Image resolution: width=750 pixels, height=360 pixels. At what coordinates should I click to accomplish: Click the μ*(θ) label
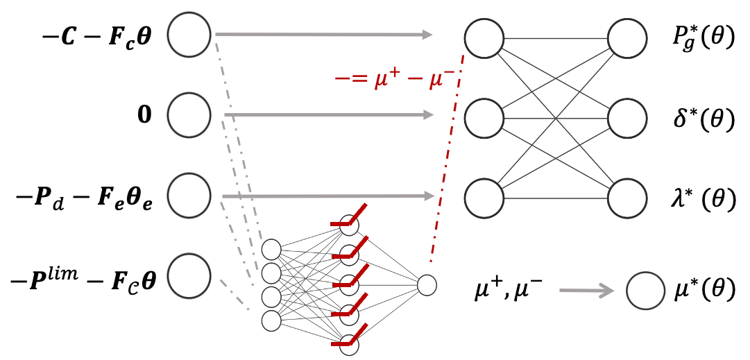(x=701, y=289)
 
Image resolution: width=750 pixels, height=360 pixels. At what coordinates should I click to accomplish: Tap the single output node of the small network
(x=427, y=284)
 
